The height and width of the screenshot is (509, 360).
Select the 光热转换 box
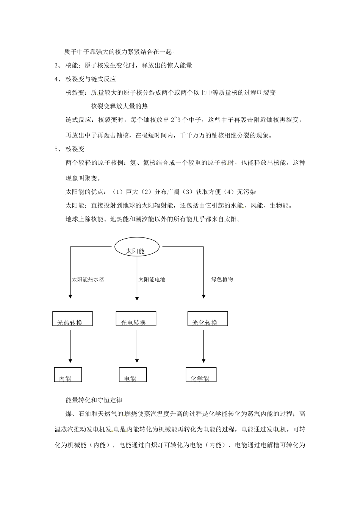(x=72, y=319)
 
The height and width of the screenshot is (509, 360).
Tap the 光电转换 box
(x=136, y=319)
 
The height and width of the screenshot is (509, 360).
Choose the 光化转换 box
(x=208, y=319)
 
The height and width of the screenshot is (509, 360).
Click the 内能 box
(x=68, y=374)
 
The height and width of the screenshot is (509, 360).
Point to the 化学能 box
(x=201, y=374)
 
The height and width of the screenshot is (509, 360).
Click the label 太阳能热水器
(x=88, y=279)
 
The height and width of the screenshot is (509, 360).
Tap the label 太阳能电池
(x=152, y=279)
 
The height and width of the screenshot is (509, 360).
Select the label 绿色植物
(x=222, y=279)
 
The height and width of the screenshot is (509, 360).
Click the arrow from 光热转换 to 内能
(x=70, y=345)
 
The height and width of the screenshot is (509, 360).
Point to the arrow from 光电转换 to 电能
(x=136, y=345)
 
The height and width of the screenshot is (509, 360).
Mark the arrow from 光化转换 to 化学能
(x=204, y=345)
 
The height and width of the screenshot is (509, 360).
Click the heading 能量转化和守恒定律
(x=94, y=400)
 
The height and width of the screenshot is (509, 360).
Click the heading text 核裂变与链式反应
(x=91, y=79)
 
